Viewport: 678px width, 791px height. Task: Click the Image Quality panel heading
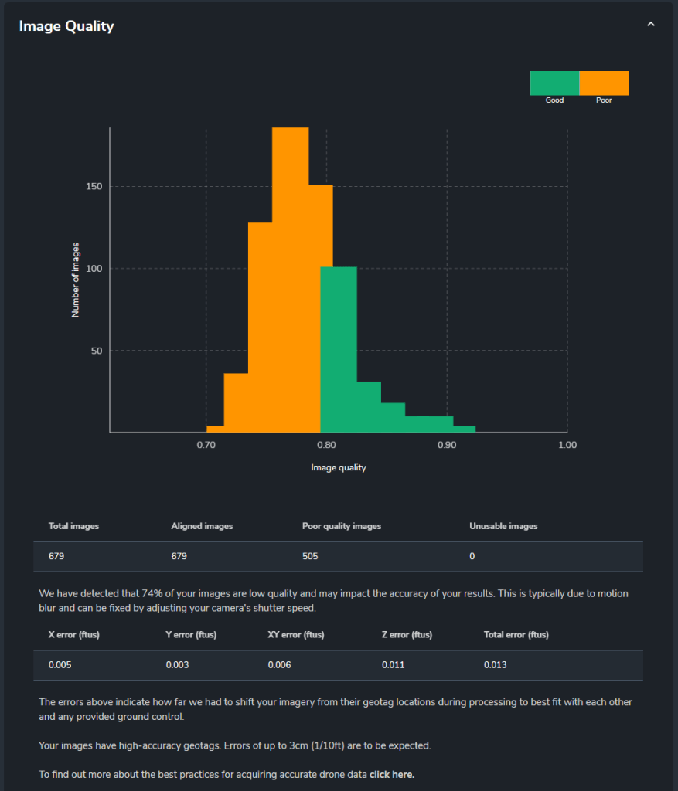[66, 26]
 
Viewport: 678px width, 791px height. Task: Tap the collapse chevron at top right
[650, 25]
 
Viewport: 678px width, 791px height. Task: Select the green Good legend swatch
[554, 83]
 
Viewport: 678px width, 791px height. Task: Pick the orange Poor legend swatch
[604, 83]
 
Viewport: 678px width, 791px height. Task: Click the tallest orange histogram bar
[290, 278]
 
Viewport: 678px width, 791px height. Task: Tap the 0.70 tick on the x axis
[206, 445]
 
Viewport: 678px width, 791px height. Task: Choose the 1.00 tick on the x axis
[567, 445]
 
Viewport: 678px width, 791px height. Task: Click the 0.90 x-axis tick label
[447, 445]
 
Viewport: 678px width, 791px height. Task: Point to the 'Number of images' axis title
[76, 280]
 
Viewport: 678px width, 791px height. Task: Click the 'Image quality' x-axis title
[339, 467]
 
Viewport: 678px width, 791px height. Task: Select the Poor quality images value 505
[310, 556]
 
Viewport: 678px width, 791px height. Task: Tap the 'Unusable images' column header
[503, 526]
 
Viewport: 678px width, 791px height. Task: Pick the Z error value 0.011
[393, 665]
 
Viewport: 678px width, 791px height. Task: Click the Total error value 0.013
[495, 665]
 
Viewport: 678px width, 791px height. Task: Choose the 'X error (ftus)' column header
[74, 635]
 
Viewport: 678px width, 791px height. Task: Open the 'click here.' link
[392, 774]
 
